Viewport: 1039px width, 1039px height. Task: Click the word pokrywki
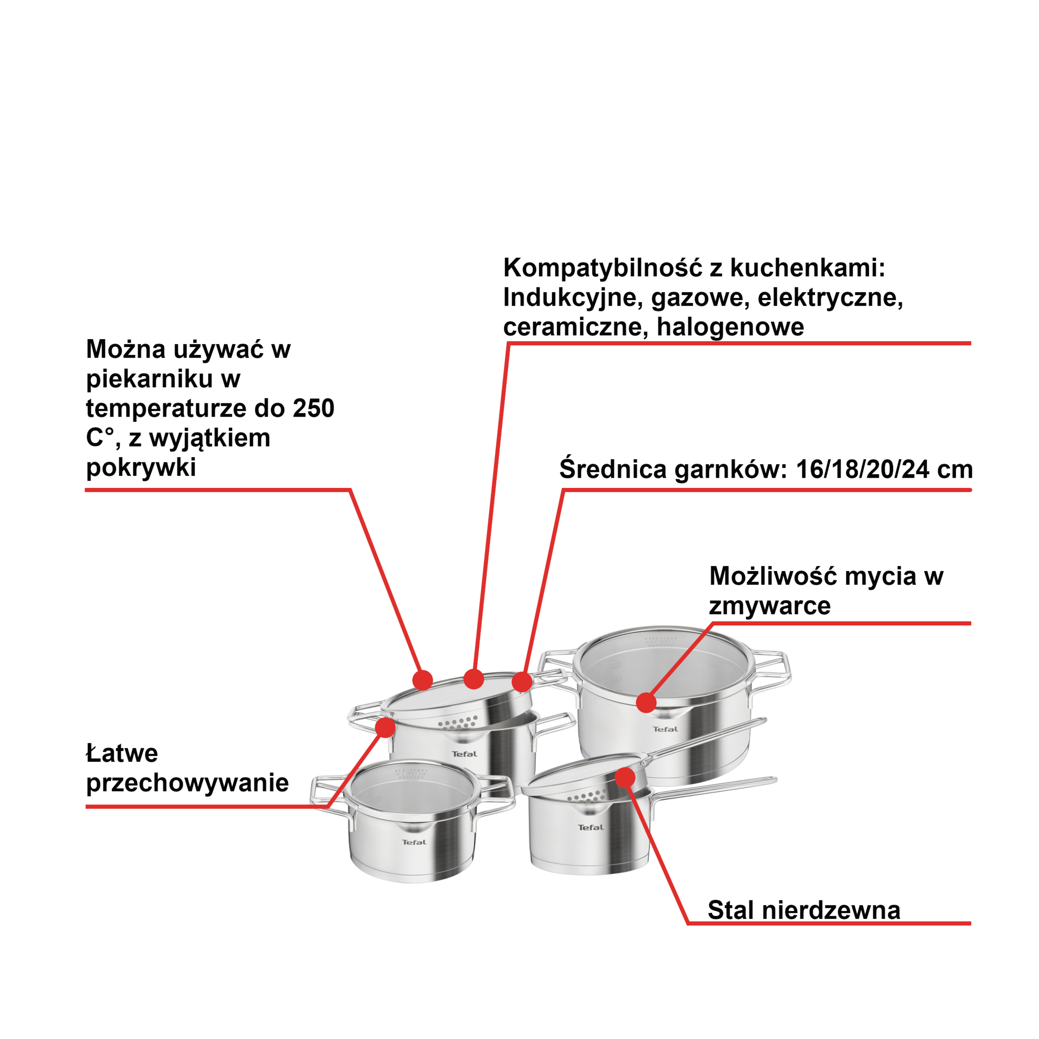[141, 467]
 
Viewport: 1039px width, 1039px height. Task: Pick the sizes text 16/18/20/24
[862, 469]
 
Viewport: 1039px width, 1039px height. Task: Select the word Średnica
[613, 469]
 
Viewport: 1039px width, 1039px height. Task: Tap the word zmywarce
[769, 606]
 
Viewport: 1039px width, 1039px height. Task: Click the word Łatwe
[122, 754]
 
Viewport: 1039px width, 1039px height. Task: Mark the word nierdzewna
[831, 911]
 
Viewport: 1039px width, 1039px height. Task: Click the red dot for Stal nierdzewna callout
[625, 778]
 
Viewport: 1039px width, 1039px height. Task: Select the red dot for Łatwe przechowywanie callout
[386, 728]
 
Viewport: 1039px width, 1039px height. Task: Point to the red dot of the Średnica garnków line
[522, 682]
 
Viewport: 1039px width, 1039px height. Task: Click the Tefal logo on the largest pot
[665, 730]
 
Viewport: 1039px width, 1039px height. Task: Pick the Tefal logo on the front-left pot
[414, 842]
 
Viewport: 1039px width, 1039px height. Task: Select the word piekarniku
[150, 379]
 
